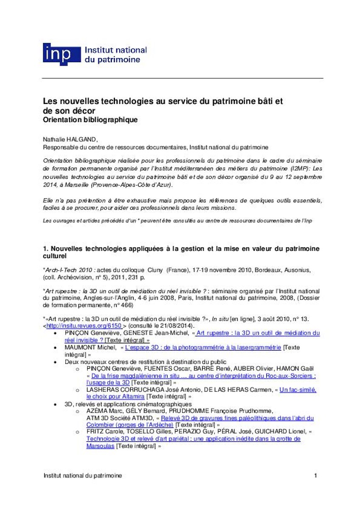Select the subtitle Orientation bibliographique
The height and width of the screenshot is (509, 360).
pyautogui.click(x=90, y=120)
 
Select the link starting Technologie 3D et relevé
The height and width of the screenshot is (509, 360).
pyautogui.click(x=193, y=439)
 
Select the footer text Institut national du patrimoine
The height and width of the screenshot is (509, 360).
pyautogui.click(x=82, y=475)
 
